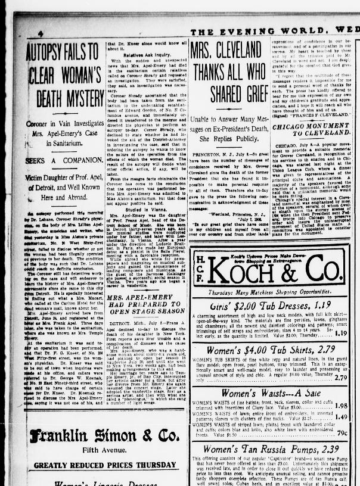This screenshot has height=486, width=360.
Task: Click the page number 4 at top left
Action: (40, 33)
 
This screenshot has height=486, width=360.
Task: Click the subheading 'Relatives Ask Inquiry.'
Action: (134, 54)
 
